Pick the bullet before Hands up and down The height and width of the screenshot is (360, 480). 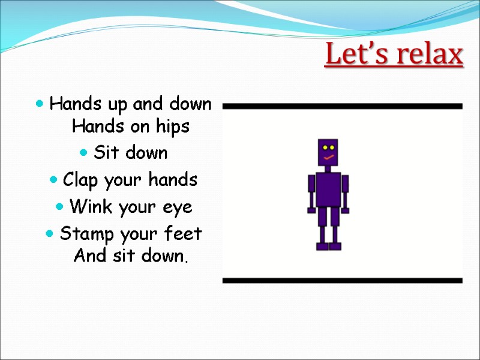point(39,104)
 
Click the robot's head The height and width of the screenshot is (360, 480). point(328,154)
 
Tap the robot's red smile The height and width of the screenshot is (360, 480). point(328,158)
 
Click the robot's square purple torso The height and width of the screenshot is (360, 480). point(328,189)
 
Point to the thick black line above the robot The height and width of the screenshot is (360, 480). point(342,106)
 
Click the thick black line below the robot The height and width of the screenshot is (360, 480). point(342,280)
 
